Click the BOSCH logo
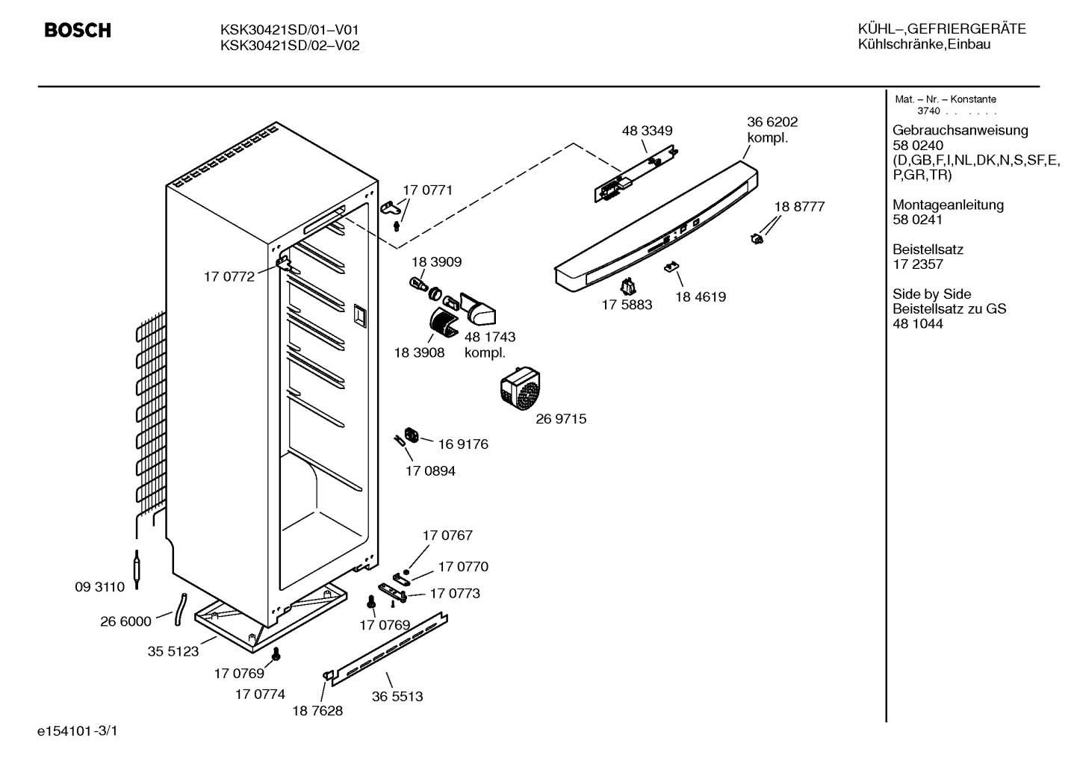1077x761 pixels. [78, 31]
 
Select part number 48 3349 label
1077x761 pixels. [647, 131]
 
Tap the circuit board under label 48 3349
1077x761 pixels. [636, 173]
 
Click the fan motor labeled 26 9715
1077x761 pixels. [521, 388]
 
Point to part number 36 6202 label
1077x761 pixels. [772, 122]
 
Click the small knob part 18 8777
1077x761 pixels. [757, 238]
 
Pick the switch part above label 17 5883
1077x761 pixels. [627, 287]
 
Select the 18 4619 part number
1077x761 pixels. [701, 297]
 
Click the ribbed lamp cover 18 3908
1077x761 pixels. [444, 322]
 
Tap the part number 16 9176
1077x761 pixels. [463, 444]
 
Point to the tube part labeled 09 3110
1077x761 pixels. [137, 569]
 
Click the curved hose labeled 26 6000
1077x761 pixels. [180, 609]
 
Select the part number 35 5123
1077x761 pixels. [173, 651]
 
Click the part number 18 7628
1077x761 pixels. [318, 711]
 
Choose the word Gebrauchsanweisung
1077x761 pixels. [960, 131]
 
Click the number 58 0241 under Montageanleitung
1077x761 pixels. [917, 220]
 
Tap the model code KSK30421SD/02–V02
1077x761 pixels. [290, 46]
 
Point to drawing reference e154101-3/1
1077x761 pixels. [78, 731]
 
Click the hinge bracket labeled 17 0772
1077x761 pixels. [284, 264]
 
